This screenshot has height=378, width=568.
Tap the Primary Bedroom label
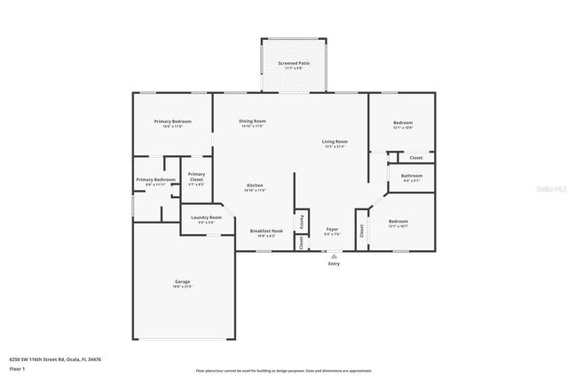172,122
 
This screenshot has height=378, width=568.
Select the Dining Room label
253,121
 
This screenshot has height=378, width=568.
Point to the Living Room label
335,142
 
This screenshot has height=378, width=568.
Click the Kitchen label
253,185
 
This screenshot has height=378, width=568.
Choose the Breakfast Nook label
266,231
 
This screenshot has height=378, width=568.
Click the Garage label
182,282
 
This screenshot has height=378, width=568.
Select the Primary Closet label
196,175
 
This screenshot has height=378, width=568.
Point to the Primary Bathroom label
155,180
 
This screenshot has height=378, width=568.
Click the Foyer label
332,229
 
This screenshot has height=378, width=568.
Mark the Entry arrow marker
334,256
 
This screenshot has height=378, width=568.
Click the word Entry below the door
334,264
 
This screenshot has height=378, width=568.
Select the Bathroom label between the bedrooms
411,176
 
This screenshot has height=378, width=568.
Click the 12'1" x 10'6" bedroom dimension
402,128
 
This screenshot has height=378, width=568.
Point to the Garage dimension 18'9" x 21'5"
182,287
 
